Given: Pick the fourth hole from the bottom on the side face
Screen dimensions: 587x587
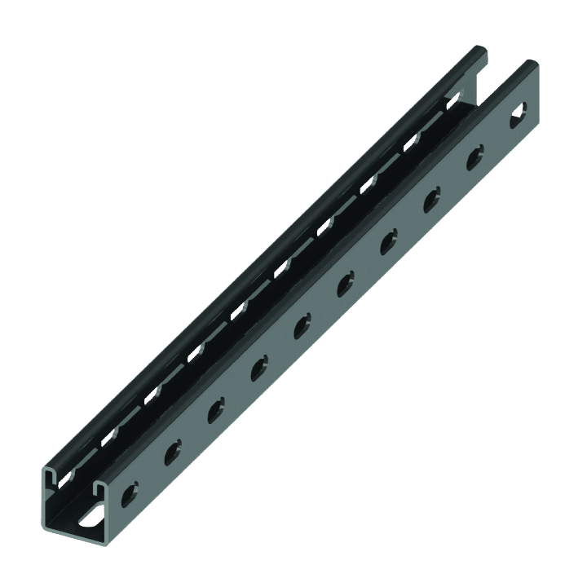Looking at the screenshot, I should pos(260,364).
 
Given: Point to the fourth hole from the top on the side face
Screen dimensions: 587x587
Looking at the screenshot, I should pos(389,241).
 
